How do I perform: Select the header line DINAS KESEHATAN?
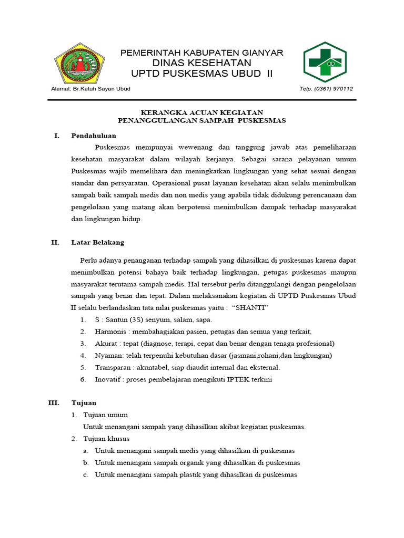201,63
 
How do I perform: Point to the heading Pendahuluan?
94,136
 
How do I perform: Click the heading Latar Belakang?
98,242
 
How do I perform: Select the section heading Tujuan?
84,403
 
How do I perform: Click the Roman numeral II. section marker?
55,242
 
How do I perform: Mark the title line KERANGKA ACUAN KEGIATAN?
201,112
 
